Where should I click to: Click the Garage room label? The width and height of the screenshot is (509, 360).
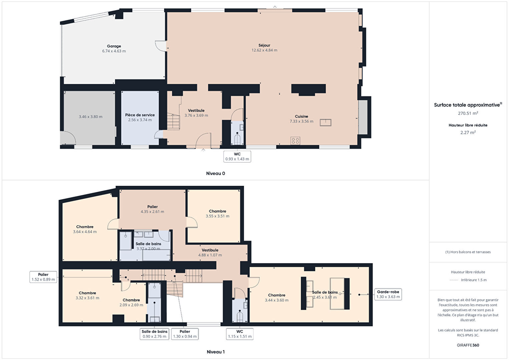click(x=114, y=46)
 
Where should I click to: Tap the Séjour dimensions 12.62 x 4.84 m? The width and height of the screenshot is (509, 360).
click(x=264, y=50)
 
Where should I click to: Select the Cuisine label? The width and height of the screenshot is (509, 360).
click(x=302, y=116)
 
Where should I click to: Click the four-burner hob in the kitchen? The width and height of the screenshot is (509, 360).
click(x=295, y=141)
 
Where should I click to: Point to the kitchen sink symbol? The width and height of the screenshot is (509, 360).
click(x=326, y=122)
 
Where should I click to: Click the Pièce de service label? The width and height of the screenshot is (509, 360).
click(x=140, y=115)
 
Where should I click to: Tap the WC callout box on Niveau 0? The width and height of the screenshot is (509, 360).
click(x=237, y=156)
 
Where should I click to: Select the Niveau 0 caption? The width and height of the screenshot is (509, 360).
click(x=216, y=173)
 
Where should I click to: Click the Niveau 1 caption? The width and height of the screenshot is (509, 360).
click(x=216, y=352)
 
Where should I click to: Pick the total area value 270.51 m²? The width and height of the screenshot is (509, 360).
click(x=468, y=113)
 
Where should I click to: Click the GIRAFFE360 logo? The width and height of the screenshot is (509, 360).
click(x=468, y=345)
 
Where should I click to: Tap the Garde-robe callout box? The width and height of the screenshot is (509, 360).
click(x=388, y=294)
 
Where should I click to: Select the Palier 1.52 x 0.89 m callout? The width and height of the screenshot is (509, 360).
click(x=43, y=277)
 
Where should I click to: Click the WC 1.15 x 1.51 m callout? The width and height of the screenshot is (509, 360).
click(x=240, y=334)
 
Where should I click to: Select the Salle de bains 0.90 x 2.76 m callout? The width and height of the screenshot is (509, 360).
click(x=154, y=334)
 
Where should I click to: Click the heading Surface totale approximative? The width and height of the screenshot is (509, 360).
click(x=467, y=105)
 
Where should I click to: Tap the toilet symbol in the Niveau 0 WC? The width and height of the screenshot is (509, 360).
click(x=237, y=139)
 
